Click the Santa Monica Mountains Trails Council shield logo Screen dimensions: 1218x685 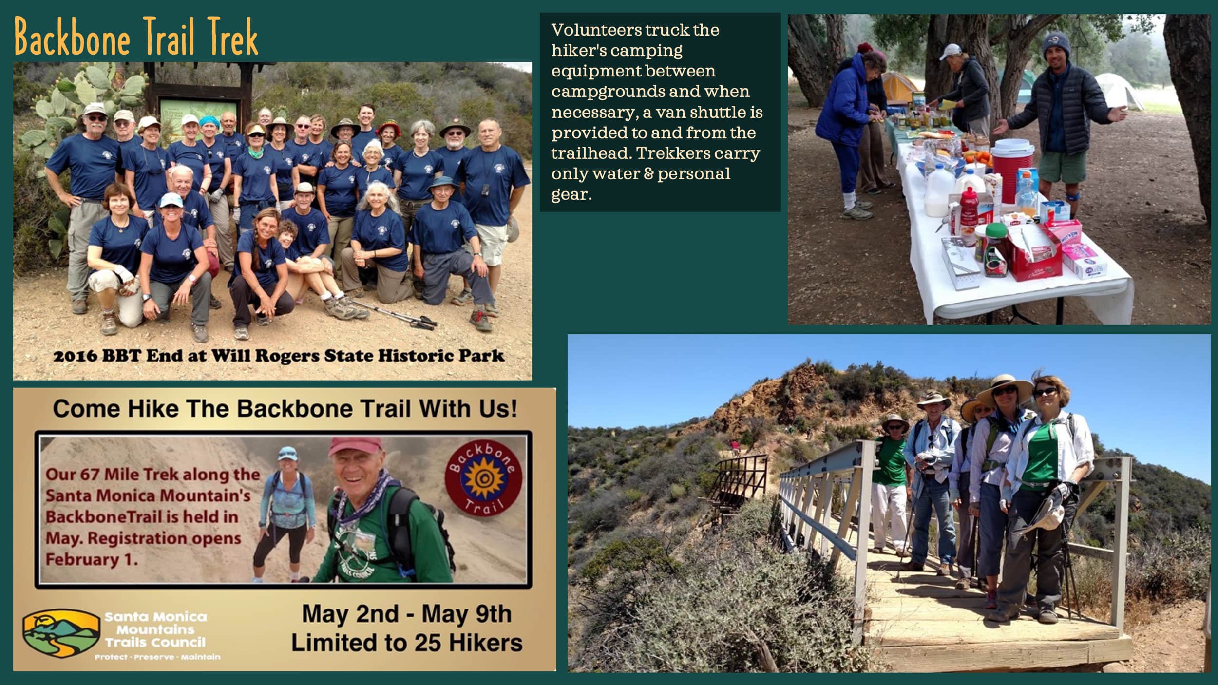click(61, 634)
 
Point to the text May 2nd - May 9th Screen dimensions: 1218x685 click(406, 614)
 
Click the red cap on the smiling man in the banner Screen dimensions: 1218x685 click(355, 446)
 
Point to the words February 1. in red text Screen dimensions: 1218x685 click(92, 559)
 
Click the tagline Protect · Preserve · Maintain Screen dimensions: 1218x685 click(157, 657)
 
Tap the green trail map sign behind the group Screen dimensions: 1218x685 click(198, 118)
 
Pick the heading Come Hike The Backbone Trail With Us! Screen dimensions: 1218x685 click(285, 408)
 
